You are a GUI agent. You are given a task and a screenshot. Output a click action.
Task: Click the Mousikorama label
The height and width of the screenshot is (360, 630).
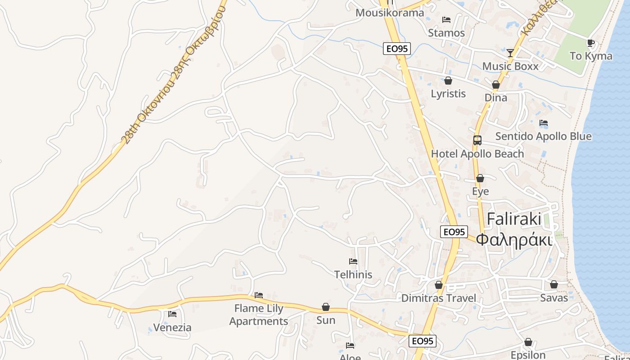(x=390, y=13)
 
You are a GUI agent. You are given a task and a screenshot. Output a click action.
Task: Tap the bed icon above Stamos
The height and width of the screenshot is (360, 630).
(x=446, y=19)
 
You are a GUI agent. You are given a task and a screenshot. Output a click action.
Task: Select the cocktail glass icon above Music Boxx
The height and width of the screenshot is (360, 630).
(x=510, y=53)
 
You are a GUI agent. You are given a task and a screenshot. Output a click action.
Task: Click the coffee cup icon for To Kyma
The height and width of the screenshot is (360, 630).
(x=591, y=43)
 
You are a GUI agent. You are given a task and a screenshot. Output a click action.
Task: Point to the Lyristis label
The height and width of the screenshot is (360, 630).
(x=448, y=94)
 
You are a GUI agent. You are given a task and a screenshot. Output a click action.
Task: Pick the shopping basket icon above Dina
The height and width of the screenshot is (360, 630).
(x=496, y=85)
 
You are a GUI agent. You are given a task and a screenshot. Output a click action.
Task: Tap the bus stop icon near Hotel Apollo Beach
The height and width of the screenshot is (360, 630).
(x=477, y=140)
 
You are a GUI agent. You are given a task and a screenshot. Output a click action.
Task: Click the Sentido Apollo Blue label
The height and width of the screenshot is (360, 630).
(x=543, y=136)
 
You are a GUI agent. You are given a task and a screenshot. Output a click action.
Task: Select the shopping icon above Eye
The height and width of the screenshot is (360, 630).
(x=480, y=178)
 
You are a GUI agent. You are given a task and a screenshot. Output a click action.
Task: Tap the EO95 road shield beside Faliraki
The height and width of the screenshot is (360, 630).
(x=454, y=232)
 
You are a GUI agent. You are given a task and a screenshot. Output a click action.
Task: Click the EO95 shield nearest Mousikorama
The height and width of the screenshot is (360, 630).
(x=397, y=49)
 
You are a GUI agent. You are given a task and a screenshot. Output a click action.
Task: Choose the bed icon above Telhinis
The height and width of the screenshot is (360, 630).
(x=353, y=261)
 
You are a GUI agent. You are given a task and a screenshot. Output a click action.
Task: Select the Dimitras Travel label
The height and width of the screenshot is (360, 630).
(x=438, y=298)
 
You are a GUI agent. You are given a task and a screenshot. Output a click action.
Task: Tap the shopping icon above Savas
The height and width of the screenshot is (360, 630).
(x=554, y=284)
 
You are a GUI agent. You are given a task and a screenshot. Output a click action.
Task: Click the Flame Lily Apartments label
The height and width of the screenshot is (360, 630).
(x=259, y=315)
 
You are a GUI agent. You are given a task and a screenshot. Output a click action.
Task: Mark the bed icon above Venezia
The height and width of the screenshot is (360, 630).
(x=172, y=314)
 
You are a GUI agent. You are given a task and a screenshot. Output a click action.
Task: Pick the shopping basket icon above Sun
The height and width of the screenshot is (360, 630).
(x=326, y=307)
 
